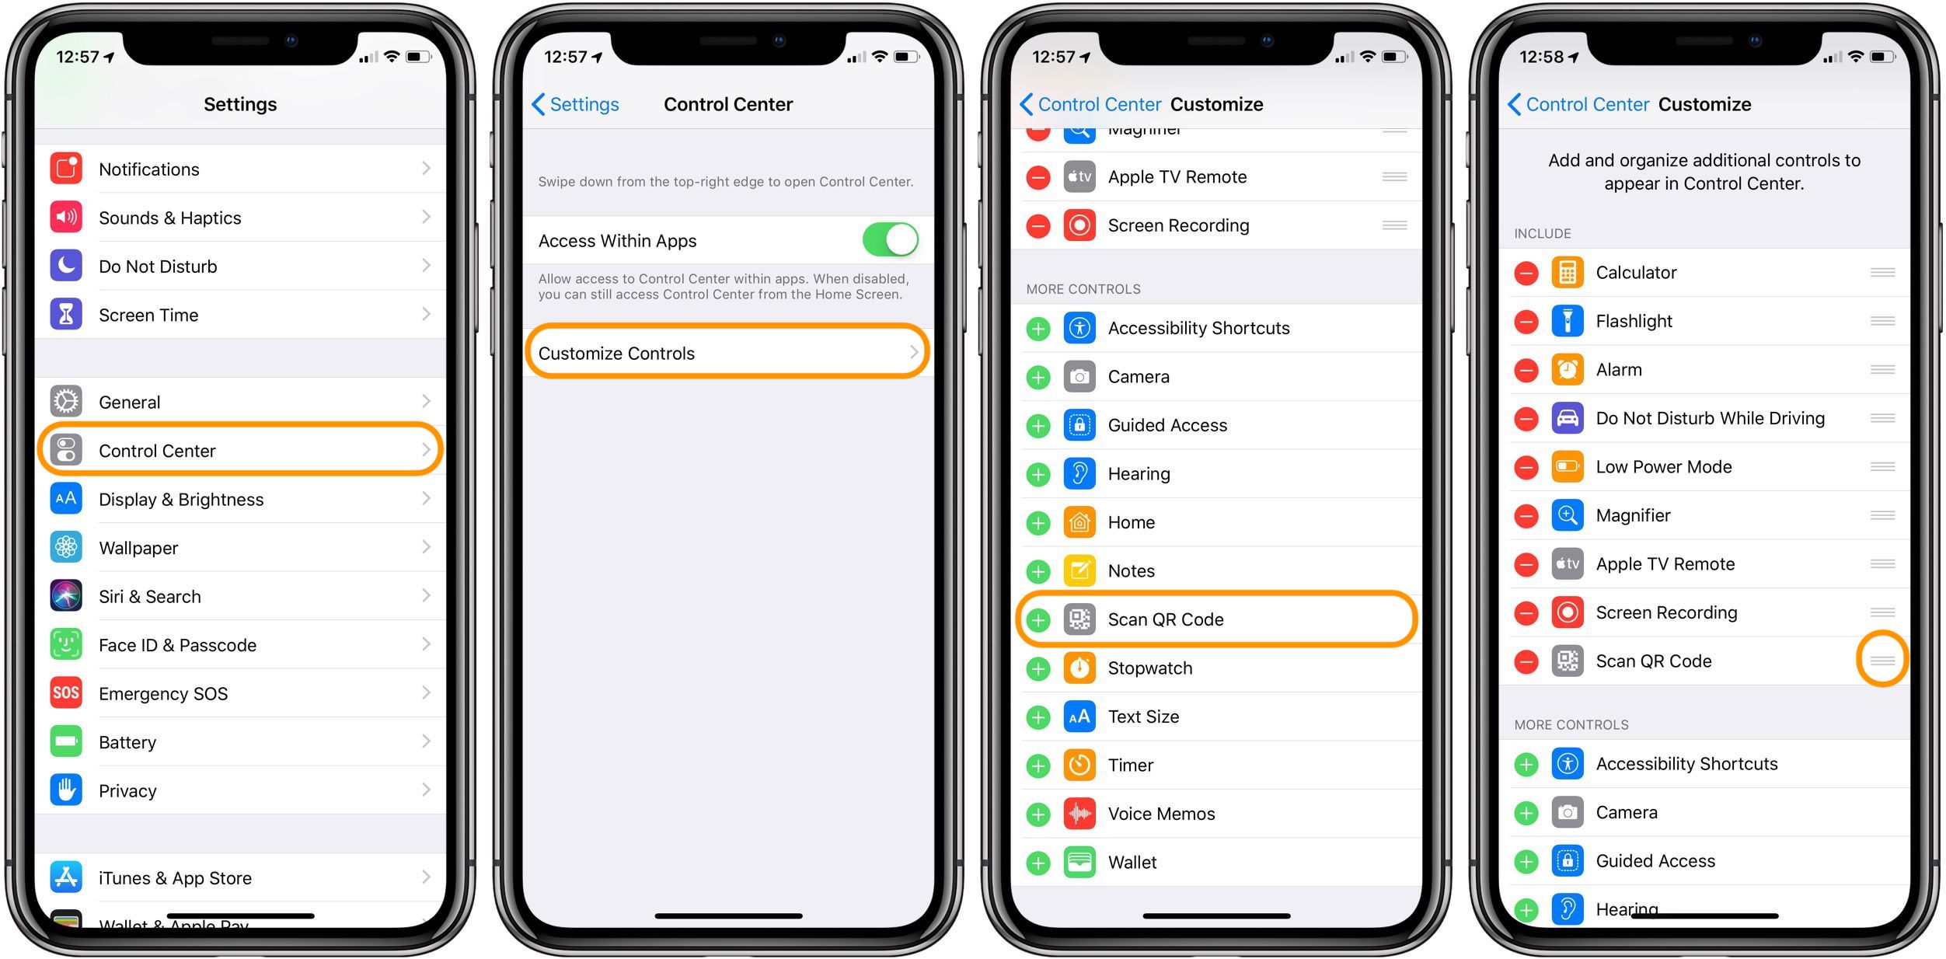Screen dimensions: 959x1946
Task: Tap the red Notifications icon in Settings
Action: [66, 169]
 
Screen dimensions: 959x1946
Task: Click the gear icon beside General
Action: [66, 402]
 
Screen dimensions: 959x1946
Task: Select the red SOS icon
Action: [66, 692]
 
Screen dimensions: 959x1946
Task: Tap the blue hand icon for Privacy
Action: [66, 790]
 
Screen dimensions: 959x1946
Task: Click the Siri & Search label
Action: [150, 596]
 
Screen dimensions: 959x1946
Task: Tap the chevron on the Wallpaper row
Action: [426, 547]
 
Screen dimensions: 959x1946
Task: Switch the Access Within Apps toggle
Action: [890, 240]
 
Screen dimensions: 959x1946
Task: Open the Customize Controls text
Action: [616, 354]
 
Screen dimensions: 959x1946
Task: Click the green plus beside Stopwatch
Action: [1038, 668]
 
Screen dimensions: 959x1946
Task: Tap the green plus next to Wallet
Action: [1038, 863]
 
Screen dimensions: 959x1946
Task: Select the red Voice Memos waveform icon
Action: [1079, 814]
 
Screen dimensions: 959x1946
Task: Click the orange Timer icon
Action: [1079, 765]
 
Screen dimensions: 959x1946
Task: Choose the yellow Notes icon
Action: [1079, 571]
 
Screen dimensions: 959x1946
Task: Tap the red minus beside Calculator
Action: [1526, 273]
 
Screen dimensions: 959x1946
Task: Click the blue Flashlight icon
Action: [1568, 321]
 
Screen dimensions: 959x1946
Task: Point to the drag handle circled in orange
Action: [1882, 660]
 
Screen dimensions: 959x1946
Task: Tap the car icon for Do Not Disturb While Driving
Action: [1568, 418]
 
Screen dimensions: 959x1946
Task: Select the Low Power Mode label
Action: [1664, 467]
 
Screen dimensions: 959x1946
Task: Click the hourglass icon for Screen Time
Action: [66, 315]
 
